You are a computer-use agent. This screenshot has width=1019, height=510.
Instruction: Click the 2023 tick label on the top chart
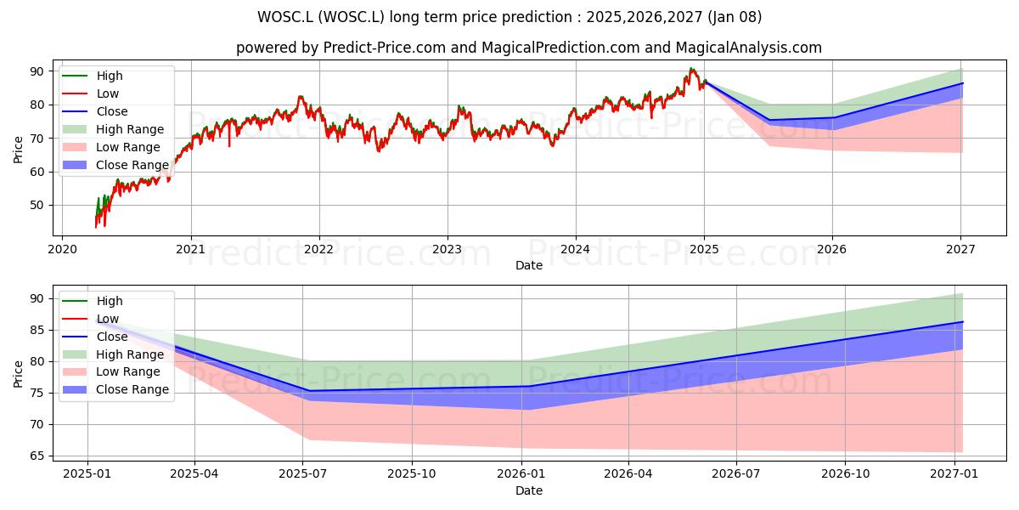(x=448, y=249)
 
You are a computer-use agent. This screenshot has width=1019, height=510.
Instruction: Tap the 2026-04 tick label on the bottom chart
(x=628, y=474)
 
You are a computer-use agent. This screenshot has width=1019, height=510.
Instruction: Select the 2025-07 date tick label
(x=303, y=474)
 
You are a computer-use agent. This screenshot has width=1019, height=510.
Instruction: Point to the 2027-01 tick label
(x=954, y=474)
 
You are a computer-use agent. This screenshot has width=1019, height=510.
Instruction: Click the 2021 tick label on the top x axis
(x=191, y=249)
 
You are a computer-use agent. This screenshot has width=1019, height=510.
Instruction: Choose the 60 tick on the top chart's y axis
(x=37, y=172)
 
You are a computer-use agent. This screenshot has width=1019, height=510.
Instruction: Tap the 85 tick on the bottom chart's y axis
(x=37, y=330)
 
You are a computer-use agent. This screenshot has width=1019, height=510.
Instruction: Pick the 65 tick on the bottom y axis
(x=37, y=456)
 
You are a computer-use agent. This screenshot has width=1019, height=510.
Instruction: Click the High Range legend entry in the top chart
(x=113, y=129)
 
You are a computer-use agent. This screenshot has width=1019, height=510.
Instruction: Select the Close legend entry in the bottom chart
(x=95, y=337)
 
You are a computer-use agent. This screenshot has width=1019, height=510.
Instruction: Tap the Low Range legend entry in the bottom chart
(x=111, y=372)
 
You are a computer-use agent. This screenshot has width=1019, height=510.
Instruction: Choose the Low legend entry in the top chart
(x=91, y=93)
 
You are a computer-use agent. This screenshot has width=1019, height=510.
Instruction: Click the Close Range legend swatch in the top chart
(x=75, y=165)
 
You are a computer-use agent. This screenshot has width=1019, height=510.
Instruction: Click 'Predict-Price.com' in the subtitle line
(x=385, y=48)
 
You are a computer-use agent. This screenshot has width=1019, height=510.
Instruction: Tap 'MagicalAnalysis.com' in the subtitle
(x=748, y=48)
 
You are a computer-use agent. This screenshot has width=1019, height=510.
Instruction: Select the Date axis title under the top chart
(x=528, y=265)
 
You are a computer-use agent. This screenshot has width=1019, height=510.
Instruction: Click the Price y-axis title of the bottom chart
(x=18, y=374)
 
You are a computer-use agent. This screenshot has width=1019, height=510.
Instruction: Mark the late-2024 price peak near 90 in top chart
(x=690, y=68)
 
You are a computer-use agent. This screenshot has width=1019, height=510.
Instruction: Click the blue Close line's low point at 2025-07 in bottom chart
(x=310, y=391)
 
